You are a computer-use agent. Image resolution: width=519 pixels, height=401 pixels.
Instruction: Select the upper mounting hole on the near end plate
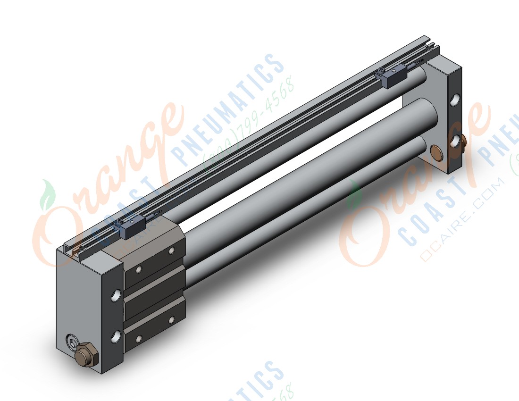[x=116, y=296]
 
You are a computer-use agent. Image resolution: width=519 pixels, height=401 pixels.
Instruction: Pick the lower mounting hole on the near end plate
[x=116, y=336]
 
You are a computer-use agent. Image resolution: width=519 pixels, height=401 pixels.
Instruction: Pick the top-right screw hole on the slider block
[x=171, y=251]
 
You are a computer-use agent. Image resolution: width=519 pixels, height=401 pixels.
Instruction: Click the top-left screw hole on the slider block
[x=139, y=269]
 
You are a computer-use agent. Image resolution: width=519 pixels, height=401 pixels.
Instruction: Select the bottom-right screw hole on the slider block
[x=171, y=319]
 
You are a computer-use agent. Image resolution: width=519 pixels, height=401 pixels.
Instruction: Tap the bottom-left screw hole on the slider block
[x=139, y=338]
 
